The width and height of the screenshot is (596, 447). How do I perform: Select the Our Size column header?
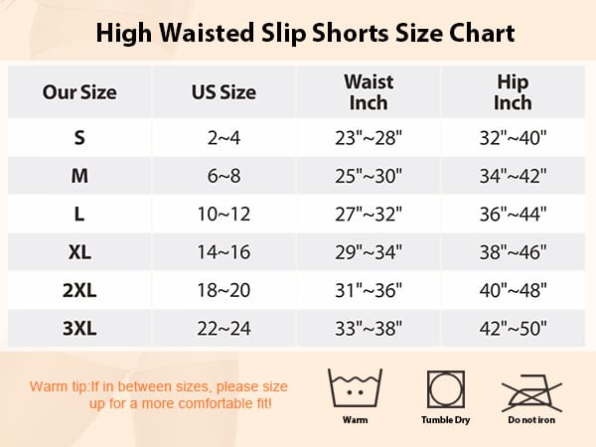tap(79, 92)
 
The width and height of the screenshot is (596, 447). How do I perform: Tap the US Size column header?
tap(223, 92)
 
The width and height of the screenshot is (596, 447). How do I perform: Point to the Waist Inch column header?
tap(369, 91)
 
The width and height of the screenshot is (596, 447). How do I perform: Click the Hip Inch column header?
tap(513, 91)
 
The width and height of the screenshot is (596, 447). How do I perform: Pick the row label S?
tap(79, 137)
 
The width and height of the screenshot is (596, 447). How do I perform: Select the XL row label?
tap(79, 252)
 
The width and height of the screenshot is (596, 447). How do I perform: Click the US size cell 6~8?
tap(223, 176)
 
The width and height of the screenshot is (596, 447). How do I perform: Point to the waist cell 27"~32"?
tap(369, 215)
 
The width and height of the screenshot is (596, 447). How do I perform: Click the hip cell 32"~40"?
tap(513, 137)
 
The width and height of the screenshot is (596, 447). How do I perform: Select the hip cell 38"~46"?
tap(513, 252)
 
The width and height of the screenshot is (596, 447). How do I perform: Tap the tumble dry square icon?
tap(445, 389)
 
